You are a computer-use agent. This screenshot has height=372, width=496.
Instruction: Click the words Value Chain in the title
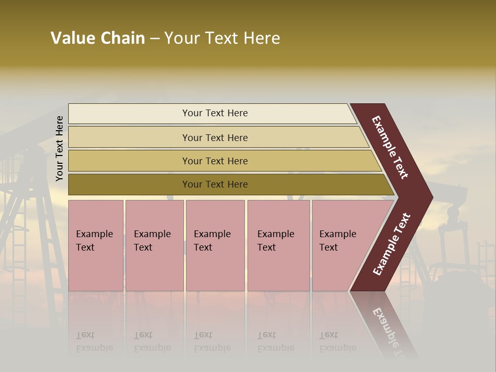click(98, 38)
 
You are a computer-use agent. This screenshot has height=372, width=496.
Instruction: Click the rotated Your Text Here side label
click(59, 148)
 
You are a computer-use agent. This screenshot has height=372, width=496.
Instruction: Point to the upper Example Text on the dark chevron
click(390, 148)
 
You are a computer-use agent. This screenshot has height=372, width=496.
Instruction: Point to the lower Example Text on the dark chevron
click(392, 244)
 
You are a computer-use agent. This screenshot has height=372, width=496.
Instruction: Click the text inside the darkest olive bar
click(215, 184)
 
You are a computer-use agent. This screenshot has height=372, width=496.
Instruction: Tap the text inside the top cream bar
click(215, 113)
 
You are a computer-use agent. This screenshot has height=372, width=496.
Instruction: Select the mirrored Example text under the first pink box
click(94, 347)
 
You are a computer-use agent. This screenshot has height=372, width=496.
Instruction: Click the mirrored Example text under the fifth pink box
click(337, 347)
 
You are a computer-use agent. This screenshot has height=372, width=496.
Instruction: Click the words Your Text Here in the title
click(222, 38)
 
